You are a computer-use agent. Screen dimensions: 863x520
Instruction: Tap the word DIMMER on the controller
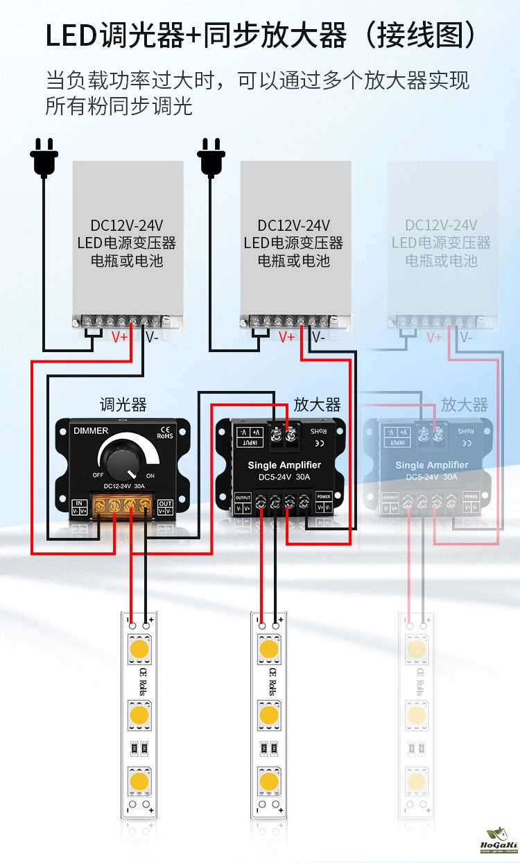point(91,431)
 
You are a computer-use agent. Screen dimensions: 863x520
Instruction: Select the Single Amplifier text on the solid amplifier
point(284,465)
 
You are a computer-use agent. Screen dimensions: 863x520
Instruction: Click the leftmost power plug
point(44,157)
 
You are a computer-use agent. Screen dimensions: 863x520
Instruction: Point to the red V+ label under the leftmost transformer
point(120,338)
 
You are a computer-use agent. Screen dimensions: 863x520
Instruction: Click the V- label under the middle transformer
point(318,338)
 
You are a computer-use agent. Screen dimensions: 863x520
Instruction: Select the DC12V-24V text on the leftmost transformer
point(127,225)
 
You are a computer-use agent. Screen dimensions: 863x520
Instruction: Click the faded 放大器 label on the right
point(464,405)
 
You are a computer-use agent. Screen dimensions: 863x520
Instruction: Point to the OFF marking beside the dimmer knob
point(98,476)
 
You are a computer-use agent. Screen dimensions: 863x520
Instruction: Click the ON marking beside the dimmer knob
point(150,476)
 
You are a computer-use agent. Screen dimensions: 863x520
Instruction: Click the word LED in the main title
point(71,35)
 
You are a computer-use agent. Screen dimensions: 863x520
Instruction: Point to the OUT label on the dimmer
point(165,504)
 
